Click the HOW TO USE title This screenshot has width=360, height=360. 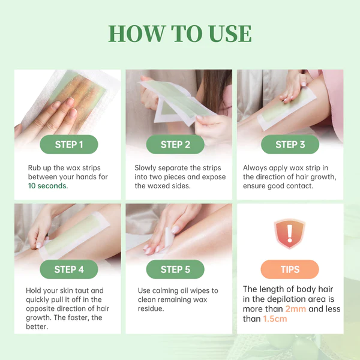[180, 34]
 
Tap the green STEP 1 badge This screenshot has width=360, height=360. [68, 145]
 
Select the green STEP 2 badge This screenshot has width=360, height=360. [175, 145]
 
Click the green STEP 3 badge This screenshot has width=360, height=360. [290, 145]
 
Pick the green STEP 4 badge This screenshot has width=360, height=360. [68, 269]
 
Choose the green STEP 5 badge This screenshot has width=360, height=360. [175, 269]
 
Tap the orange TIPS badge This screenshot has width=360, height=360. [290, 269]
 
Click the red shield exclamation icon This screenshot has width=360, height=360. [290, 232]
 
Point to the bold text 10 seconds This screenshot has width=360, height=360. [47, 186]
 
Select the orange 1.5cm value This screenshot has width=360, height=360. [275, 319]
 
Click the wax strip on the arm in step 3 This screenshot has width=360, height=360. [288, 108]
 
